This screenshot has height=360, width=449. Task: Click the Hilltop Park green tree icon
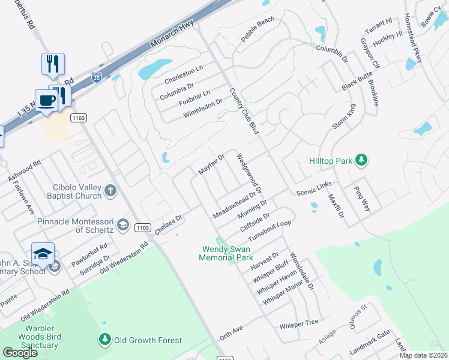(361, 160)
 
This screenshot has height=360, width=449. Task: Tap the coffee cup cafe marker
(46, 100)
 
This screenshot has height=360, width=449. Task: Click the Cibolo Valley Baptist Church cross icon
(110, 191)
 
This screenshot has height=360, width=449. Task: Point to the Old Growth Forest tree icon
(105, 340)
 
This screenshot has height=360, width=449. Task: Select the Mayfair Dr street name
(211, 164)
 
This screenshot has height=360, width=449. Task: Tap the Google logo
(20, 353)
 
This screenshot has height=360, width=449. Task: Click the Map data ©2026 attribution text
(423, 355)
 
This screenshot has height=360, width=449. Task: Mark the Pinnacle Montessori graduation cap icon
(123, 225)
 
